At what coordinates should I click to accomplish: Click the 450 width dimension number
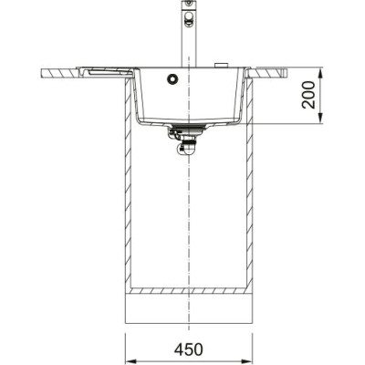[x=188, y=349]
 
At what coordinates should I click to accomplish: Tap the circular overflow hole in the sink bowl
[x=170, y=80]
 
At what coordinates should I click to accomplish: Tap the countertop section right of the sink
[x=269, y=71]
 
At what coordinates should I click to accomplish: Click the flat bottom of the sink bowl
[x=188, y=121]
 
